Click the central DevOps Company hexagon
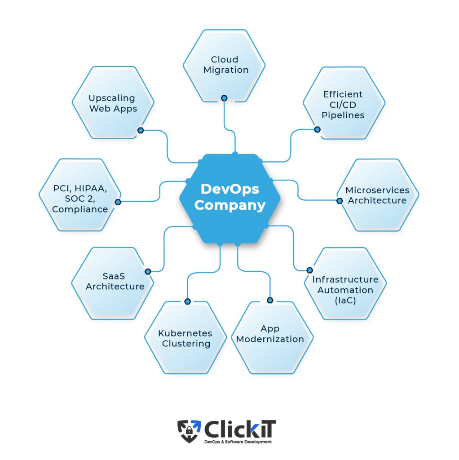(x=229, y=199)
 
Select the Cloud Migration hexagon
(x=225, y=66)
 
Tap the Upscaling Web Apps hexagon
(x=113, y=102)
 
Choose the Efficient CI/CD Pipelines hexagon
(x=344, y=103)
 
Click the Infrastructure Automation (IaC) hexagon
(x=345, y=284)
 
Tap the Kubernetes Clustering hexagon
(x=185, y=338)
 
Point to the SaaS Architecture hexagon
(x=113, y=283)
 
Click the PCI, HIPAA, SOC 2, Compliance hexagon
(x=80, y=195)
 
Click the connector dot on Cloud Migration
(x=224, y=98)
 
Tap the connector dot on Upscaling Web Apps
(x=141, y=130)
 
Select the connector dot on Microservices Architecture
(x=340, y=201)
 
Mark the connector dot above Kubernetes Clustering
(x=188, y=301)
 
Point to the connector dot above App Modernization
(x=270, y=300)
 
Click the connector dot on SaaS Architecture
(x=148, y=271)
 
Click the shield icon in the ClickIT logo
(x=189, y=431)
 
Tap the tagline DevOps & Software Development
(x=238, y=442)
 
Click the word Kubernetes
(x=185, y=333)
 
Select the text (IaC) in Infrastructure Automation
(x=345, y=301)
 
